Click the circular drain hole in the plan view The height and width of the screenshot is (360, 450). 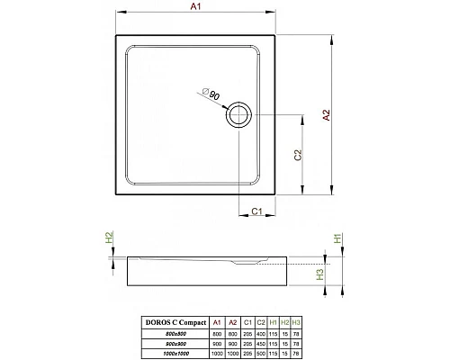coord(239,114)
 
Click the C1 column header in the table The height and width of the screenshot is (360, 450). coord(246,321)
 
